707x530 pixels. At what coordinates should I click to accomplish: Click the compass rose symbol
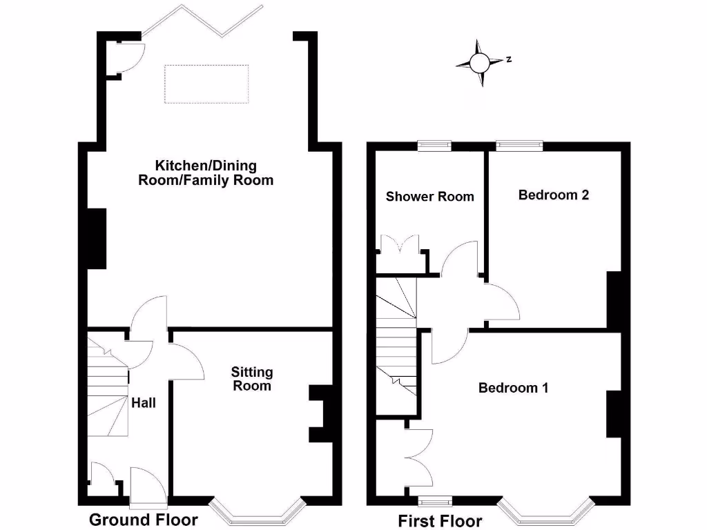point(480,63)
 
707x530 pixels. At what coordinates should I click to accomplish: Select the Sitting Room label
point(252,379)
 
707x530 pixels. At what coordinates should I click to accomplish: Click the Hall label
point(144,403)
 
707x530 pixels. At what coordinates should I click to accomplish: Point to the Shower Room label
point(429,197)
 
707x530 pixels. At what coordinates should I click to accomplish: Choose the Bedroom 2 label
point(554,195)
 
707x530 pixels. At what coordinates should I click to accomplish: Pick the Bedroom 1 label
point(514,388)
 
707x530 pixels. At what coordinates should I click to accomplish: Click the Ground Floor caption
point(144,520)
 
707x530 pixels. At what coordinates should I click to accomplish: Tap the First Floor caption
point(440,520)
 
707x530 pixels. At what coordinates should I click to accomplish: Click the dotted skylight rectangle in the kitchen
point(206,84)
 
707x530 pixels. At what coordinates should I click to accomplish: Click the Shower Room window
point(434,146)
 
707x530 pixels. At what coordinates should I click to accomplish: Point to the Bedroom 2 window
point(519,146)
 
